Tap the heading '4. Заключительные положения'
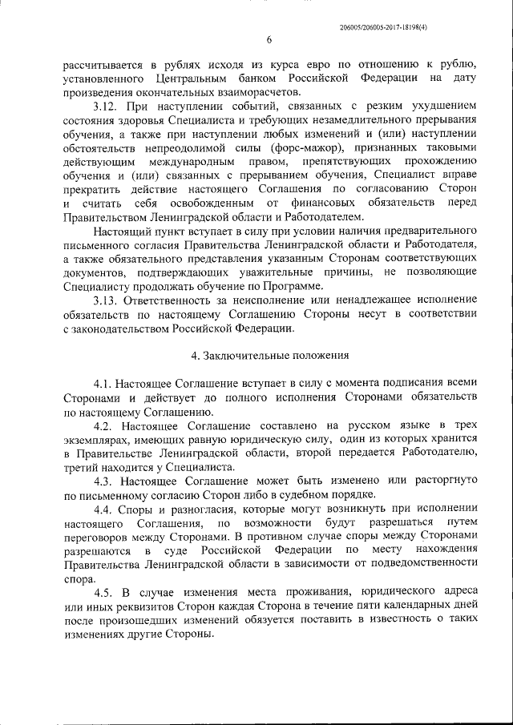point(269,355)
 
